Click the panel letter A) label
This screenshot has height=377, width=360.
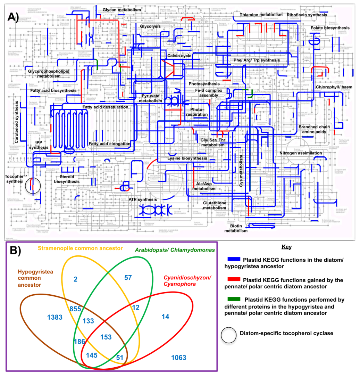[x=14, y=16]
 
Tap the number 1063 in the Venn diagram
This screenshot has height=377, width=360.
[x=178, y=358]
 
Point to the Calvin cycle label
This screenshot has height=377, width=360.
[x=179, y=56]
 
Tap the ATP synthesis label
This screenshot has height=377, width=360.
[x=143, y=199]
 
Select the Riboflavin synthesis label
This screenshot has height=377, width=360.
[x=307, y=15]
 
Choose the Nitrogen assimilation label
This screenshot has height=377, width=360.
[x=301, y=153]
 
